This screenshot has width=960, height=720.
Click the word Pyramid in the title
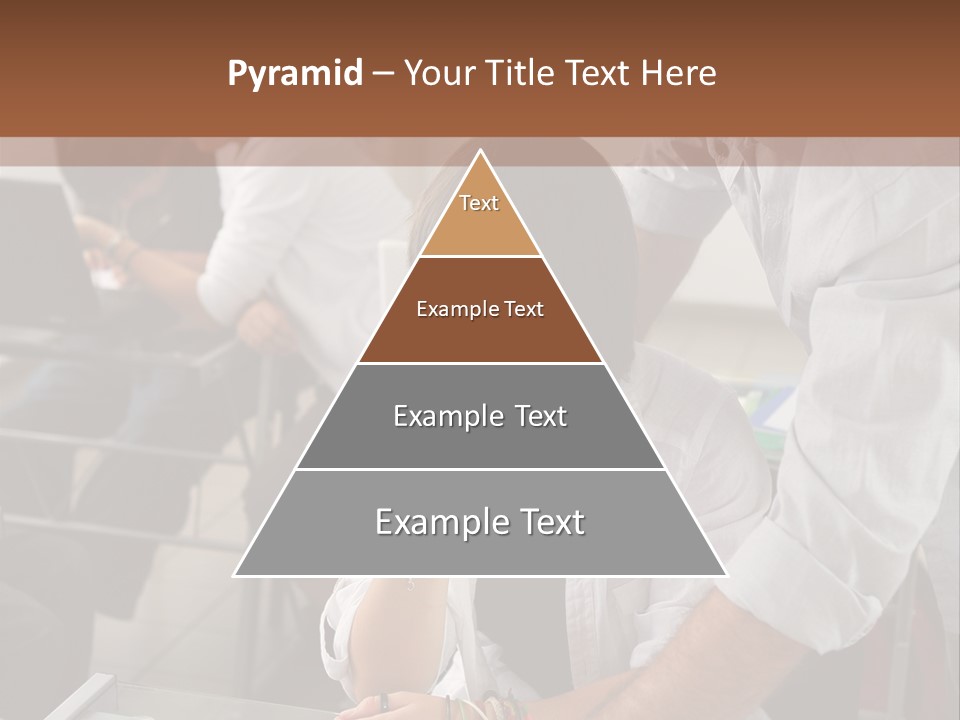point(294,74)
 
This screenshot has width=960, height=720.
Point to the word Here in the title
point(679,74)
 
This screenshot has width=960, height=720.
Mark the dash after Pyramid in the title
point(382,74)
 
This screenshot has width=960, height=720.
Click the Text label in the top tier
point(479,203)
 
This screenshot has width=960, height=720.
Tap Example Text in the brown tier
point(480,310)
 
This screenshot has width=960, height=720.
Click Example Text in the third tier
point(480,416)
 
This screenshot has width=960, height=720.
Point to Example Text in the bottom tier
point(480,522)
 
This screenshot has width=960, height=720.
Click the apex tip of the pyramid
point(480,153)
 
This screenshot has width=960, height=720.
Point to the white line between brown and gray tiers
point(480,363)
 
